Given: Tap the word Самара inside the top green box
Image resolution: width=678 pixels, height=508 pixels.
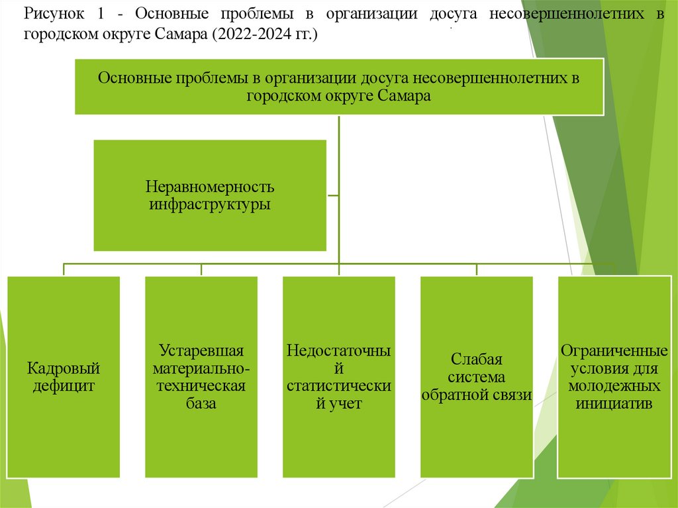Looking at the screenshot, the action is (405, 95).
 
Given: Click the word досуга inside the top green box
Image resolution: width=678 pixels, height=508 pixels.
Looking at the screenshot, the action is (385, 78).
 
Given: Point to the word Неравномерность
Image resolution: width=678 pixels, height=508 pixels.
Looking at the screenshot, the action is (210, 187).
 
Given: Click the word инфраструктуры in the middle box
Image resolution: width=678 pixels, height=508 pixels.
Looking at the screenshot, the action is (210, 204).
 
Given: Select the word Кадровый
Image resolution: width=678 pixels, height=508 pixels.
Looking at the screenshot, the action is (64, 368).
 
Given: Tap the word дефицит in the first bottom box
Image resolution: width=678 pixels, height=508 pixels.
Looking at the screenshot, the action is (64, 385).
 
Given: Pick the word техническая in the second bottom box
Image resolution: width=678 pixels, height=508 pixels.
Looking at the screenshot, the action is (201, 385).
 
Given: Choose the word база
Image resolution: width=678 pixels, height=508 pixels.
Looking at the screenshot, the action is (201, 403).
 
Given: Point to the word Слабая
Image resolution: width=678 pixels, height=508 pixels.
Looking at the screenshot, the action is (477, 360).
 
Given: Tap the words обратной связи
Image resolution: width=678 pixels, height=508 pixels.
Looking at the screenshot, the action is (477, 395).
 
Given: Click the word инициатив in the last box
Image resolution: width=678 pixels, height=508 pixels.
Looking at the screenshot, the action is (614, 403).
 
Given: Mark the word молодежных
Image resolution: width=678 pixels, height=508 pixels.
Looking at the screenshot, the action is (614, 385).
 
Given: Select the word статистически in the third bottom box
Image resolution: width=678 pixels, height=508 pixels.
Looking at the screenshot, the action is (339, 385).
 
